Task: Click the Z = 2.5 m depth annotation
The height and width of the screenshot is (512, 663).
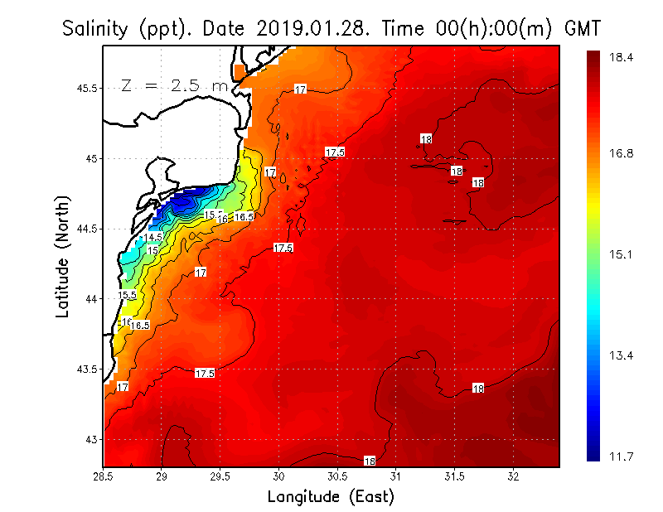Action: click(x=174, y=85)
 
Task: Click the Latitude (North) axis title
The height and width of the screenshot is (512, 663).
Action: click(x=63, y=257)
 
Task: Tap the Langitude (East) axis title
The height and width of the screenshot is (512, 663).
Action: click(x=331, y=497)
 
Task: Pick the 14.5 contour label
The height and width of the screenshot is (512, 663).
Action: click(x=153, y=238)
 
